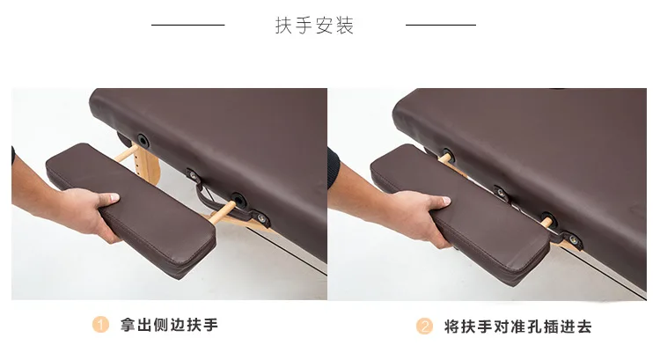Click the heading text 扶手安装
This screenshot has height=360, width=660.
coord(314,26)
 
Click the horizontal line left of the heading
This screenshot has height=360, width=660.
coord(187,25)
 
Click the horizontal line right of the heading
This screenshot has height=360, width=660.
coord(441,25)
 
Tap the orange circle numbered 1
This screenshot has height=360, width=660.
coord(100,325)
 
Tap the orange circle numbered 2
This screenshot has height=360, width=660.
coord(424,327)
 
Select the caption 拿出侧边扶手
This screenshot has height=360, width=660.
coord(169,325)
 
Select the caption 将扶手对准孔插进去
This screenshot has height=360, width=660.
coord(518,327)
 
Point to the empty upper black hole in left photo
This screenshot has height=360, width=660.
coord(143,139)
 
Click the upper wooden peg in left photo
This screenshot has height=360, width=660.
coord(126,153)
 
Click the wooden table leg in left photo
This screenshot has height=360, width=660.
coord(150,165)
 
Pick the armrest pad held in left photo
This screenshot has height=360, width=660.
coord(131,209)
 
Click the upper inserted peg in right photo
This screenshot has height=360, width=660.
coord(444,158)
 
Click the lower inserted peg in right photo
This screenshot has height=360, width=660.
coord(546,221)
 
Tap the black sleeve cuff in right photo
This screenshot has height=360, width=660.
coord(334,168)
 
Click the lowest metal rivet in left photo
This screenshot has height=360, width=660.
coord(262,218)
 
